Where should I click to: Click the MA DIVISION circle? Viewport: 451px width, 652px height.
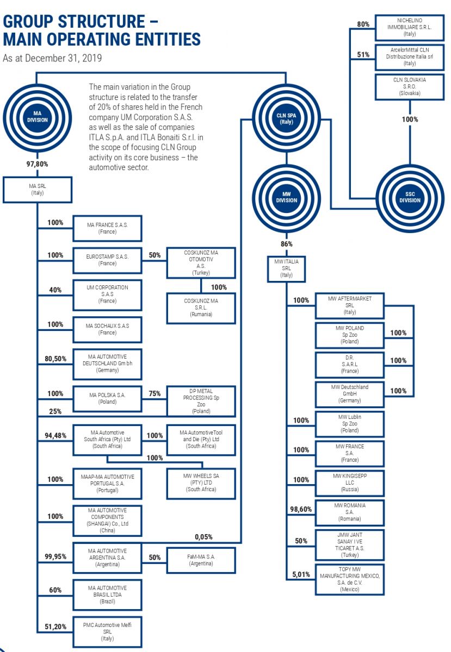tap(37, 116)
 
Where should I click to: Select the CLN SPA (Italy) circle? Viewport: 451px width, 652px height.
tap(287, 118)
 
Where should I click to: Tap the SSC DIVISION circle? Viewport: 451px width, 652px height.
tap(410, 197)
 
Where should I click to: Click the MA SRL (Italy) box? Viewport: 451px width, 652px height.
tap(37, 189)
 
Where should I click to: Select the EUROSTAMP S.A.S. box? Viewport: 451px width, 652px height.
tap(107, 260)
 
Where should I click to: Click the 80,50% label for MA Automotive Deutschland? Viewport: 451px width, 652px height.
tap(55, 359)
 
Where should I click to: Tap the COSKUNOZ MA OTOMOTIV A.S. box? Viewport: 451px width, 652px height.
tap(201, 263)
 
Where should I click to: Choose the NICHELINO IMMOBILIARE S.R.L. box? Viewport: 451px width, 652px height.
tap(409, 27)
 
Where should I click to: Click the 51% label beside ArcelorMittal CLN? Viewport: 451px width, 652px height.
tap(363, 54)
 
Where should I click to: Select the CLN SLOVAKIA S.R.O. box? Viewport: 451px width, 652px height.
tap(409, 86)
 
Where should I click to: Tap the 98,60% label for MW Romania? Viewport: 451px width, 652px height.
tap(301, 509)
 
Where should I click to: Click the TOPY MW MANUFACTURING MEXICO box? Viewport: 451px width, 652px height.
tap(350, 579)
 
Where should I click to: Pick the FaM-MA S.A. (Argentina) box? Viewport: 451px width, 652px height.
tap(202, 560)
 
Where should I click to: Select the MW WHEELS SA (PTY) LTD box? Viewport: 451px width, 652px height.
tap(201, 482)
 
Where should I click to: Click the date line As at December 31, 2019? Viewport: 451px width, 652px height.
tap(52, 58)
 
